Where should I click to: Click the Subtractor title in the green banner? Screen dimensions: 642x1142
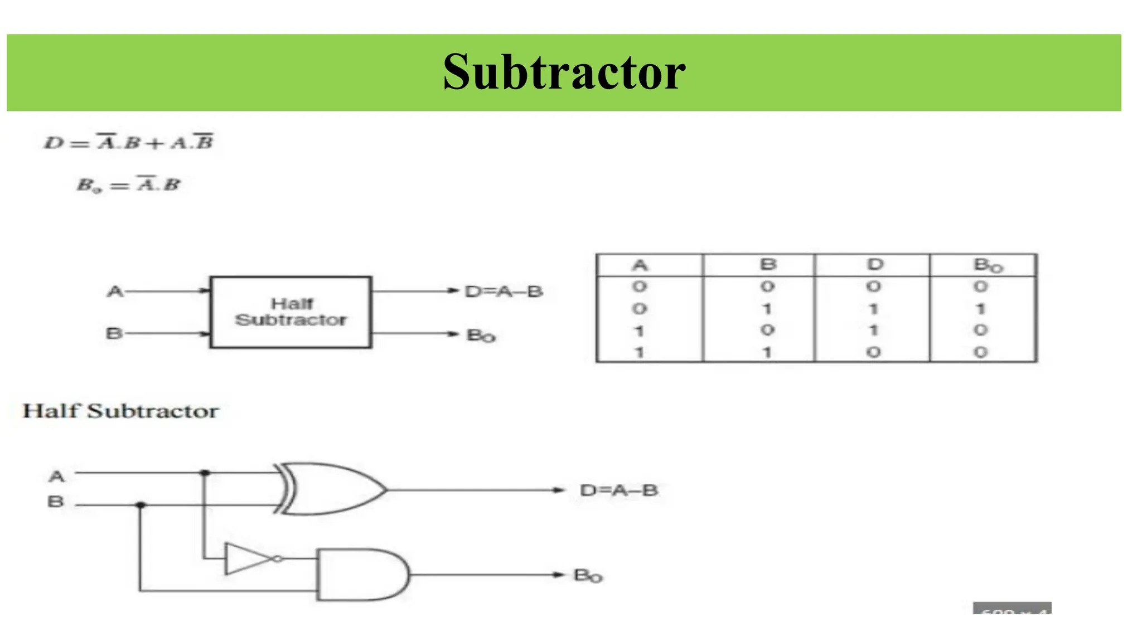(x=564, y=72)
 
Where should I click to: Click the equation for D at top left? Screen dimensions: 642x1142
(x=129, y=143)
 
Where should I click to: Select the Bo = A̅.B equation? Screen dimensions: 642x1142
(x=129, y=184)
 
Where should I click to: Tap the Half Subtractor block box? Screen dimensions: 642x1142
(x=291, y=312)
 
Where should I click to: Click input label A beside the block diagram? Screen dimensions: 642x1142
(x=115, y=291)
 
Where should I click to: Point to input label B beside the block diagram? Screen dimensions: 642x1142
(x=114, y=333)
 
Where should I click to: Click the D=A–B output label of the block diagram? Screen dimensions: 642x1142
(x=504, y=291)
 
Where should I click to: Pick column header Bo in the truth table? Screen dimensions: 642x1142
(x=987, y=265)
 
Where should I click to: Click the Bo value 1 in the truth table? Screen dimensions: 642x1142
(x=981, y=308)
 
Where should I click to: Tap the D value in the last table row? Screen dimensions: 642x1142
(x=874, y=352)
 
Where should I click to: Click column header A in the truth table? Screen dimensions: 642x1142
(x=640, y=265)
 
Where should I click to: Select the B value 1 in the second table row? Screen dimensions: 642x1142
(x=767, y=308)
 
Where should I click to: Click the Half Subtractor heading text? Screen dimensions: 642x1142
(x=120, y=411)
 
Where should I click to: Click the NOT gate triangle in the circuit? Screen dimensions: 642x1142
(x=248, y=559)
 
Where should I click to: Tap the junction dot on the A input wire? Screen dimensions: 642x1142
(x=205, y=473)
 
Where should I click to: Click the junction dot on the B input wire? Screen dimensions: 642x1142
(x=141, y=505)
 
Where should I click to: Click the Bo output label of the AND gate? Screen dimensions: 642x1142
(x=588, y=576)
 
